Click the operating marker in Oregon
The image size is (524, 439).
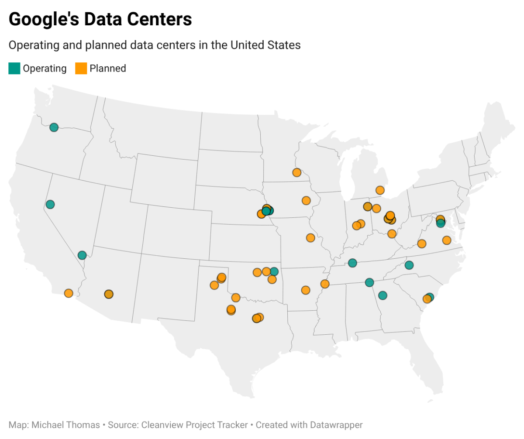(54, 127)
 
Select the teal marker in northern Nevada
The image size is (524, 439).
(50, 204)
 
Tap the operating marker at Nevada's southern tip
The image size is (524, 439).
(82, 255)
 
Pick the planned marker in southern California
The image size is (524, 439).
(69, 293)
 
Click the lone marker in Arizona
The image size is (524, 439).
(109, 294)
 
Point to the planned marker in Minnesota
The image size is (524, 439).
(297, 172)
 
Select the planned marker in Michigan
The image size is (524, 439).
(380, 190)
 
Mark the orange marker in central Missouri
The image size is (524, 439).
(310, 238)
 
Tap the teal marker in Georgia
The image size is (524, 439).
(383, 295)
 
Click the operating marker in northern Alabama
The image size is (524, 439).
(369, 282)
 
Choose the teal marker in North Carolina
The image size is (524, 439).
(409, 265)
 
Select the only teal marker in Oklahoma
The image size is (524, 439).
(274, 271)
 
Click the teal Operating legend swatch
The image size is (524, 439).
(14, 69)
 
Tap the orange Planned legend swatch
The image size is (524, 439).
(81, 69)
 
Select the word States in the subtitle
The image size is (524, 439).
(286, 45)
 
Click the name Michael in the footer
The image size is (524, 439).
(47, 425)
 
